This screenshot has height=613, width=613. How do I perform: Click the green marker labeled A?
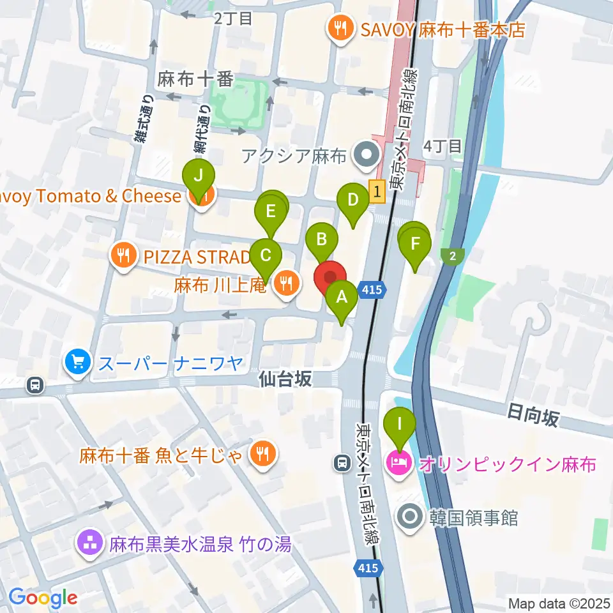click(342, 298)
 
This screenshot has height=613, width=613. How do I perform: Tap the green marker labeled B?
click(322, 240)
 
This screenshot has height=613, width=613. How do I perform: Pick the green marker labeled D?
click(352, 199)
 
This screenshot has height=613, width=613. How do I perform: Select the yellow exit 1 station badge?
click(377, 190)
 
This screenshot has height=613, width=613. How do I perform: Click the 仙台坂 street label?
click(285, 379)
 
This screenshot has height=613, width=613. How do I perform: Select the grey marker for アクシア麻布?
click(367, 153)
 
